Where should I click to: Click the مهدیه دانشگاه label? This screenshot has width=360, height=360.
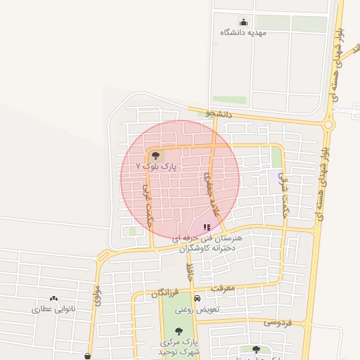click(x=243, y=32)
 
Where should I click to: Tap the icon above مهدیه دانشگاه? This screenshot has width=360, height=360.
click(x=243, y=22)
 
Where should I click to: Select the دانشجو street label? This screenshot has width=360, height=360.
click(x=219, y=112)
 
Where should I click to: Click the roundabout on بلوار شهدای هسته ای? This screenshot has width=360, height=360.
click(x=328, y=125)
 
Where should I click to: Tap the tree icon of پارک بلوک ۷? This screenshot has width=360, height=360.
click(x=155, y=156)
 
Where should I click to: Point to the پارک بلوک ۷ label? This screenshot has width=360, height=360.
click(x=161, y=167)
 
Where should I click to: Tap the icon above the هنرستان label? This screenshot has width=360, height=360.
click(x=207, y=227)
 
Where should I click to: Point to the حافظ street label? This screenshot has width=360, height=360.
click(x=189, y=269)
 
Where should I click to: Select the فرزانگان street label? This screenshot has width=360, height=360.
click(x=165, y=292)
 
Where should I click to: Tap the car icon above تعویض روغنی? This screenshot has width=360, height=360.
click(x=207, y=298)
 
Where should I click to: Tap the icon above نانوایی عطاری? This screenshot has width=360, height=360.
click(x=54, y=298)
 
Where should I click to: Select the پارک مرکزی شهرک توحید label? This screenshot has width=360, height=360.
click(x=172, y=346)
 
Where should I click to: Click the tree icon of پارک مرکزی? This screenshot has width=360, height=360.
click(x=178, y=330)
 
